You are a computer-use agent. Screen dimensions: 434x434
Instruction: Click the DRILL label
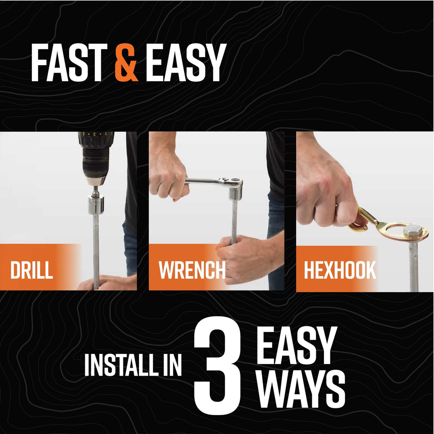pyautogui.click(x=32, y=270)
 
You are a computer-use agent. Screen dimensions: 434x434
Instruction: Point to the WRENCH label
pyautogui.click(x=192, y=270)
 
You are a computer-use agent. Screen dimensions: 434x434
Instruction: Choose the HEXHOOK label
pyautogui.click(x=340, y=270)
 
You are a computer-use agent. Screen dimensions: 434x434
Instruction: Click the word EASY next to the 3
pyautogui.click(x=297, y=346)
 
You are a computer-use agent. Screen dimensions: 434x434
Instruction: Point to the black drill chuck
pyautogui.click(x=94, y=163)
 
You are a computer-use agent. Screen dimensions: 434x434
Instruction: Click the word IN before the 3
pyautogui.click(x=172, y=365)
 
